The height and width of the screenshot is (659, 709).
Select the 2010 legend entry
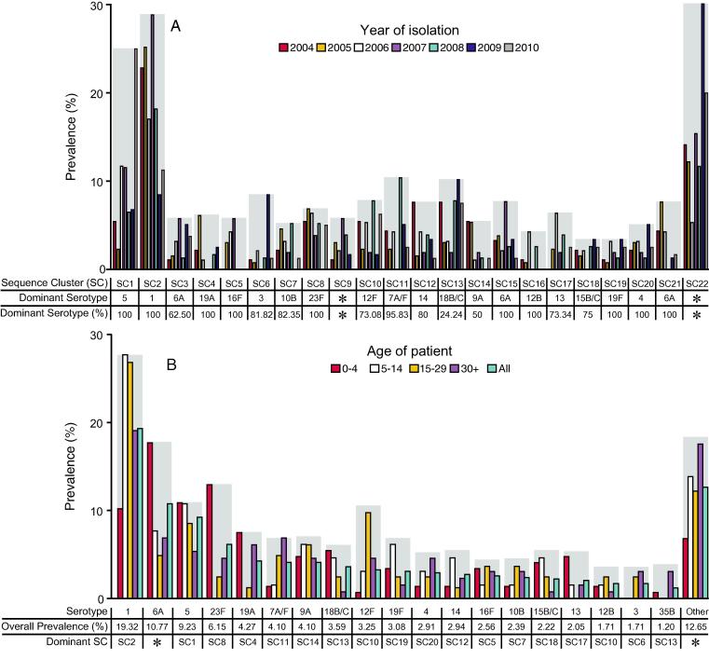[x=521, y=47]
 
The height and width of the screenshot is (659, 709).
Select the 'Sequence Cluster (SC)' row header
[x=53, y=281]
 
